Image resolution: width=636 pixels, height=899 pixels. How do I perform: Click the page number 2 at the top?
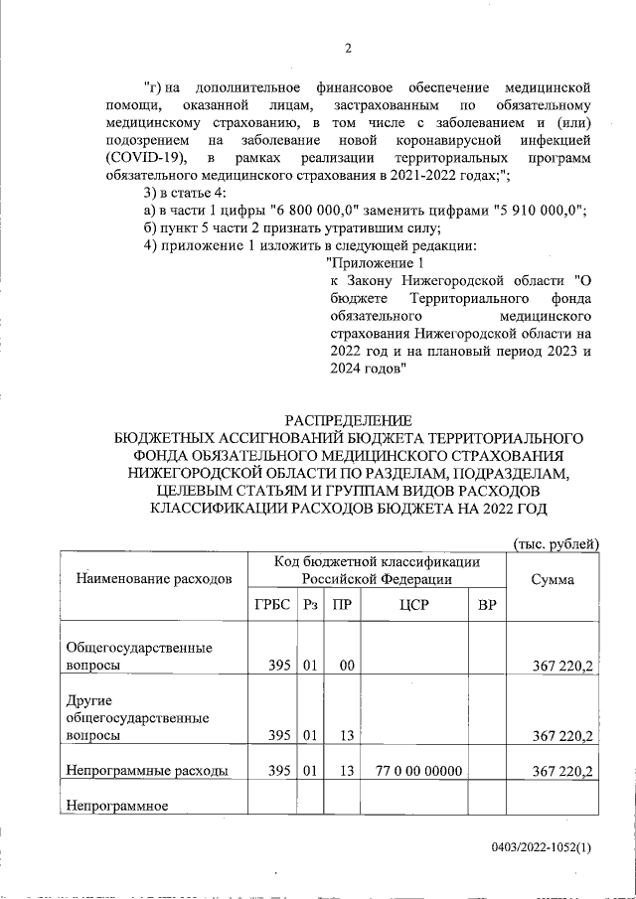[348, 49]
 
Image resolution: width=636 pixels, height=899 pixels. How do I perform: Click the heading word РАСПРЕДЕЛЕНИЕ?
[347, 420]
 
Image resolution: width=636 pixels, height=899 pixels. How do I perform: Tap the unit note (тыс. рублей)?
[556, 542]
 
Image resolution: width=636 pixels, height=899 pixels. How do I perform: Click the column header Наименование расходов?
[149, 577]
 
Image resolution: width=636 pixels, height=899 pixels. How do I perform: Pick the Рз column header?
[309, 606]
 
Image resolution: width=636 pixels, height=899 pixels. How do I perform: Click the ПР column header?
[343, 606]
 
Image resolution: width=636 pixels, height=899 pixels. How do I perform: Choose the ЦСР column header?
[414, 606]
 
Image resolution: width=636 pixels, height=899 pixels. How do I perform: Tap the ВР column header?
[487, 606]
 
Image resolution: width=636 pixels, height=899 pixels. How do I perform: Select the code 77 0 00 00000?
[415, 770]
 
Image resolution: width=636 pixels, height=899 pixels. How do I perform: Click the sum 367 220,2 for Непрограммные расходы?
[562, 770]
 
